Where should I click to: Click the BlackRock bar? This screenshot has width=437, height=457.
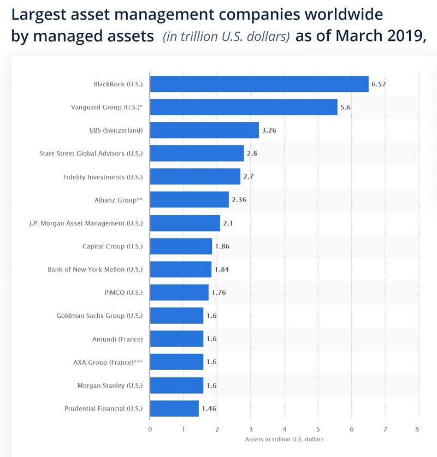(259, 84)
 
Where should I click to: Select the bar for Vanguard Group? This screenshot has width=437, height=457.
(244, 107)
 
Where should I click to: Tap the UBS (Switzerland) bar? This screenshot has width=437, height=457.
(204, 130)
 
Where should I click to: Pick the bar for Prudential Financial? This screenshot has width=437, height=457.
(174, 408)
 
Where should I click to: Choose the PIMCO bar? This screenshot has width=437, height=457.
(179, 292)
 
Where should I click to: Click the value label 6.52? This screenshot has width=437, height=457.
(379, 84)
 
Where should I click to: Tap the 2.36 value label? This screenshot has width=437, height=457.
(239, 200)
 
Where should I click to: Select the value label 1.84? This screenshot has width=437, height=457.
(222, 269)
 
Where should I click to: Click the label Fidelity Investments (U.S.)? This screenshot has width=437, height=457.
(103, 176)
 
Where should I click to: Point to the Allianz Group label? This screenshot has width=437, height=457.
(119, 200)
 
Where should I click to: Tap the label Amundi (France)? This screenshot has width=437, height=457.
(117, 339)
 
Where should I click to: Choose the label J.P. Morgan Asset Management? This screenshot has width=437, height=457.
(86, 223)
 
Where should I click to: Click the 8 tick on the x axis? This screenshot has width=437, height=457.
(418, 429)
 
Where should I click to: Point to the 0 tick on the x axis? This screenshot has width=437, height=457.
(150, 429)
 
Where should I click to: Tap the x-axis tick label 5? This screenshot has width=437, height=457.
(318, 429)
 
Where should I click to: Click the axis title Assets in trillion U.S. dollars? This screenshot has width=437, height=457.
(284, 438)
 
